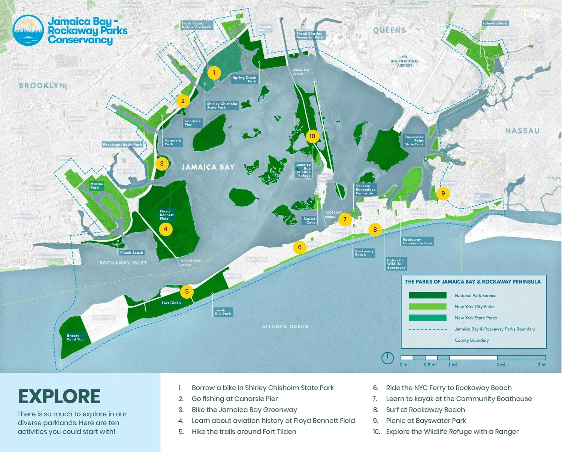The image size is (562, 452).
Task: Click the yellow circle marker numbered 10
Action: pyautogui.click(x=312, y=136)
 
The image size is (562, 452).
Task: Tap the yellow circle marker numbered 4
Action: pyautogui.click(x=166, y=229)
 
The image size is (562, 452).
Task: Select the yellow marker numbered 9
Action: pyautogui.click(x=443, y=193)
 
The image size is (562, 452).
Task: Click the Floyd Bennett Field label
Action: pyautogui.click(x=167, y=215)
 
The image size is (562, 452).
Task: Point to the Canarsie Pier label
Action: pyautogui.click(x=193, y=123)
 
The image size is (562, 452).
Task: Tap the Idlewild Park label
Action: pyautogui.click(x=495, y=23)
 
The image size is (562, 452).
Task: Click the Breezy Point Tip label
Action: pyautogui.click(x=75, y=338)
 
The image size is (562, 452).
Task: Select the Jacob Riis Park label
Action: pyautogui.click(x=223, y=312)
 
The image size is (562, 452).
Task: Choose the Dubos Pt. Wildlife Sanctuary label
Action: pyautogui.click(x=396, y=264)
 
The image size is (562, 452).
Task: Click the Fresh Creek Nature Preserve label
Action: pyautogui.click(x=196, y=25)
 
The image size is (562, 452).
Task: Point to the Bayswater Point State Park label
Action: pyautogui.click(x=414, y=141)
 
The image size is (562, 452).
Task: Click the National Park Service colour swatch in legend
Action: pyautogui.click(x=427, y=295)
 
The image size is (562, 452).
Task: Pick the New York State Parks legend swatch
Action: pyautogui.click(x=427, y=318)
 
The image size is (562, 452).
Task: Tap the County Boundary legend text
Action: pyautogui.click(x=472, y=340)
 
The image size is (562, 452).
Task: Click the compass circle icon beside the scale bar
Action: pyautogui.click(x=387, y=358)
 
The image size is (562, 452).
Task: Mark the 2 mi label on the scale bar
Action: pyautogui.click(x=501, y=365)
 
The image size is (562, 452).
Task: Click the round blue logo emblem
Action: pyautogui.click(x=28, y=30)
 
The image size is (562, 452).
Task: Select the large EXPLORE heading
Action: pyautogui.click(x=59, y=397)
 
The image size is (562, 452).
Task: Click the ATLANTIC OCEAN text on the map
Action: pyautogui.click(x=285, y=327)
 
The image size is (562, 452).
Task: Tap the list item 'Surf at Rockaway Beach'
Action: pyautogui.click(x=425, y=410)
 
